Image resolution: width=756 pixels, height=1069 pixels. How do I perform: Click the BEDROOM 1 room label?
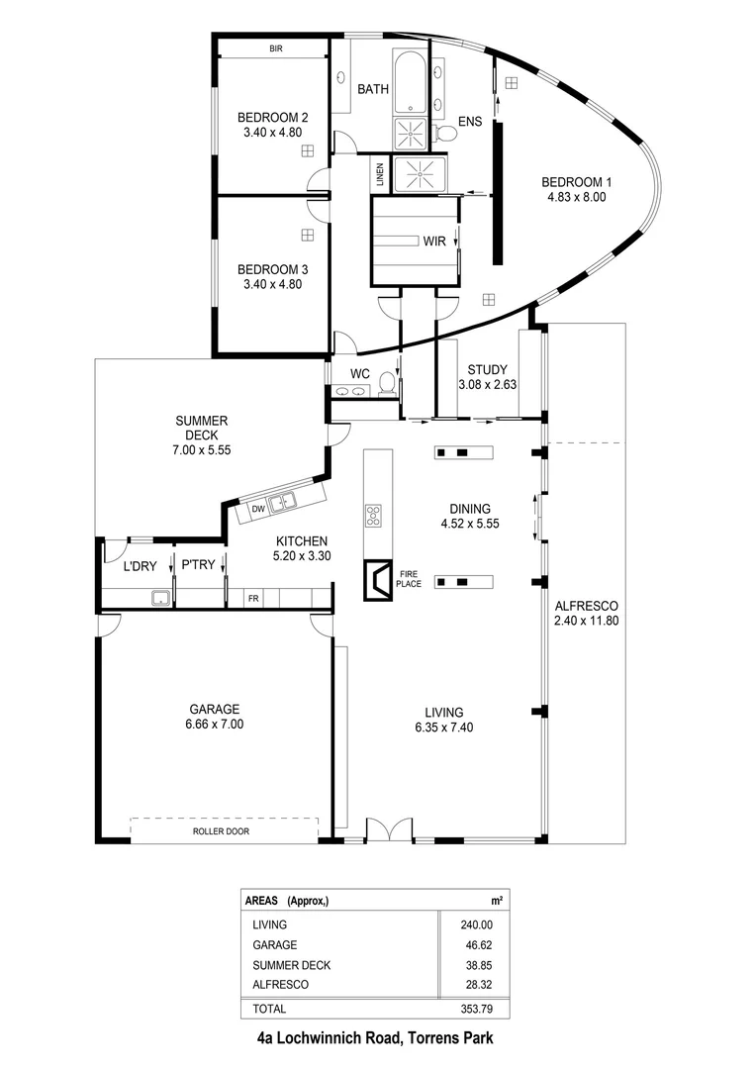(x=576, y=182)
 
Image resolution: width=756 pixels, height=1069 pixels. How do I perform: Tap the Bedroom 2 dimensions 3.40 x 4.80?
(x=271, y=132)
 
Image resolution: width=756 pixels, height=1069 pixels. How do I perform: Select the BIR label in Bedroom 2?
(x=276, y=48)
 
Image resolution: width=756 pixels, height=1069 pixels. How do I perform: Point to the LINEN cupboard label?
(x=380, y=175)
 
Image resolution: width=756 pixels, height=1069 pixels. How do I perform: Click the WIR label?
(x=433, y=241)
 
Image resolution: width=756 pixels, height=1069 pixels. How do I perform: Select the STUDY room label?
(x=487, y=370)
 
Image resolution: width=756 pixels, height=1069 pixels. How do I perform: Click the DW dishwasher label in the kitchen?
(x=257, y=509)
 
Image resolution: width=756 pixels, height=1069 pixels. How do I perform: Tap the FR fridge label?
(x=253, y=599)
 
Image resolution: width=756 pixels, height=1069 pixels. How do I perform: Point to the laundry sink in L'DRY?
(x=157, y=597)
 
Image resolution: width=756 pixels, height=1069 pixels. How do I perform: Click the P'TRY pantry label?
(x=193, y=566)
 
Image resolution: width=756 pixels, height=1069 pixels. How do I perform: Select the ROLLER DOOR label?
(x=221, y=831)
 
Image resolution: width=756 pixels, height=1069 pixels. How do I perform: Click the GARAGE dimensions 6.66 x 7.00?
(x=216, y=724)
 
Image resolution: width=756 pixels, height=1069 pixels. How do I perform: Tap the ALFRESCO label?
(x=586, y=605)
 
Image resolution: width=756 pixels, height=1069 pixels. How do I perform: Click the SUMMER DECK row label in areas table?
(x=291, y=965)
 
